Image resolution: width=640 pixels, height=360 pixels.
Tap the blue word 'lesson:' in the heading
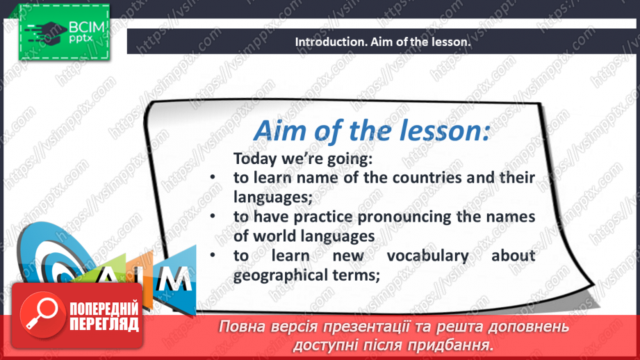coord(444,131)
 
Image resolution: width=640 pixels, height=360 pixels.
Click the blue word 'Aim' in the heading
coord(281,131)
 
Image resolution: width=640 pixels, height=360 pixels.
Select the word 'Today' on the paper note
coord(255,159)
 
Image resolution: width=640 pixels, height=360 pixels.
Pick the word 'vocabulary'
coord(428,256)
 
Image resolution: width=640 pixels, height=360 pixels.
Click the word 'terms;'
coord(356,275)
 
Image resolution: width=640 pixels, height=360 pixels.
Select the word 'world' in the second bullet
coord(274,236)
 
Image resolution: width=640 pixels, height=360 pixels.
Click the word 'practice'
coord(323,218)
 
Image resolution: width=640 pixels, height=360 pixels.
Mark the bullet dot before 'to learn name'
coord(213,177)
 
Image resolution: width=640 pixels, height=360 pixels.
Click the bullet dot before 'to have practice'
coord(213,216)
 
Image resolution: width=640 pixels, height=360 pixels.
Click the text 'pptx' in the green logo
coord(81,39)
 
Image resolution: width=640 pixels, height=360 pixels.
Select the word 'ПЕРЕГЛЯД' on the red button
coord(104,324)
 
